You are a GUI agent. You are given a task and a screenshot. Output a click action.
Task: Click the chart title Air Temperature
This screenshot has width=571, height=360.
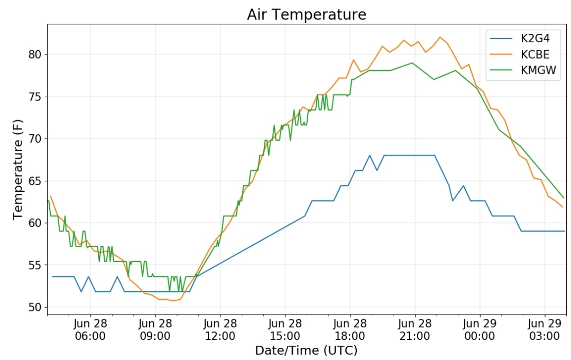[306, 15]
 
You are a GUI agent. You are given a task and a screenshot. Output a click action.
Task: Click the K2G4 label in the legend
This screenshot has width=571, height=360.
[535, 38]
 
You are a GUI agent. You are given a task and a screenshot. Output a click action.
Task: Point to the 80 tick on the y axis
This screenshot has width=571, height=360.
[35, 54]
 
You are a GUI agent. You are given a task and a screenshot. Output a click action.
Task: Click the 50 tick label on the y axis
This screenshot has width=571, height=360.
[35, 307]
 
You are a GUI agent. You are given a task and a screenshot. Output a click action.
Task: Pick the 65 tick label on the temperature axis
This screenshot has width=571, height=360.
[35, 181]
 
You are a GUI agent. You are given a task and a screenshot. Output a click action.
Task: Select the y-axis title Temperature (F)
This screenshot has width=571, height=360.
[18, 169]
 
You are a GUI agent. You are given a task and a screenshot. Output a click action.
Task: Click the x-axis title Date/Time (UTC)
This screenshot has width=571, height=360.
[306, 350]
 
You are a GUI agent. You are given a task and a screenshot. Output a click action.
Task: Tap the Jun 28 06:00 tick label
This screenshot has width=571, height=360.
[90, 329]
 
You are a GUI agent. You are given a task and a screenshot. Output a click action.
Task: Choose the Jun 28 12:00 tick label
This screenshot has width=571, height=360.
[220, 329]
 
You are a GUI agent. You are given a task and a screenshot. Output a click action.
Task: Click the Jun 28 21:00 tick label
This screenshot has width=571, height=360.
[415, 329]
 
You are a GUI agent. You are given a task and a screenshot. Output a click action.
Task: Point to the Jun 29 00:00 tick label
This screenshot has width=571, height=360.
[480, 329]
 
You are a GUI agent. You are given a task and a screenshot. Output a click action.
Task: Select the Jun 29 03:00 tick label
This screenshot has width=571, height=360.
[545, 329]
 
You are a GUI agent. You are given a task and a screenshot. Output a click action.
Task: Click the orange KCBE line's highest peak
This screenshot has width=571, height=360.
[440, 37]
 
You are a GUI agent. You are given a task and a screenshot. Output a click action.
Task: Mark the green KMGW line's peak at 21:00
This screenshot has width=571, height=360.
[412, 63]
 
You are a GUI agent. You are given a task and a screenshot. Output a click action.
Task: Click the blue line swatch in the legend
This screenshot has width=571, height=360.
[501, 38]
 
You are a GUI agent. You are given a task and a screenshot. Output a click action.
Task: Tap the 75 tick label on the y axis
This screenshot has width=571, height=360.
[35, 97]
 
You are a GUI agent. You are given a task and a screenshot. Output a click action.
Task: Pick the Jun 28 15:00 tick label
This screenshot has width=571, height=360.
[285, 329]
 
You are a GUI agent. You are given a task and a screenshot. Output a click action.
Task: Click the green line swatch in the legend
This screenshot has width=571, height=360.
[501, 70]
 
